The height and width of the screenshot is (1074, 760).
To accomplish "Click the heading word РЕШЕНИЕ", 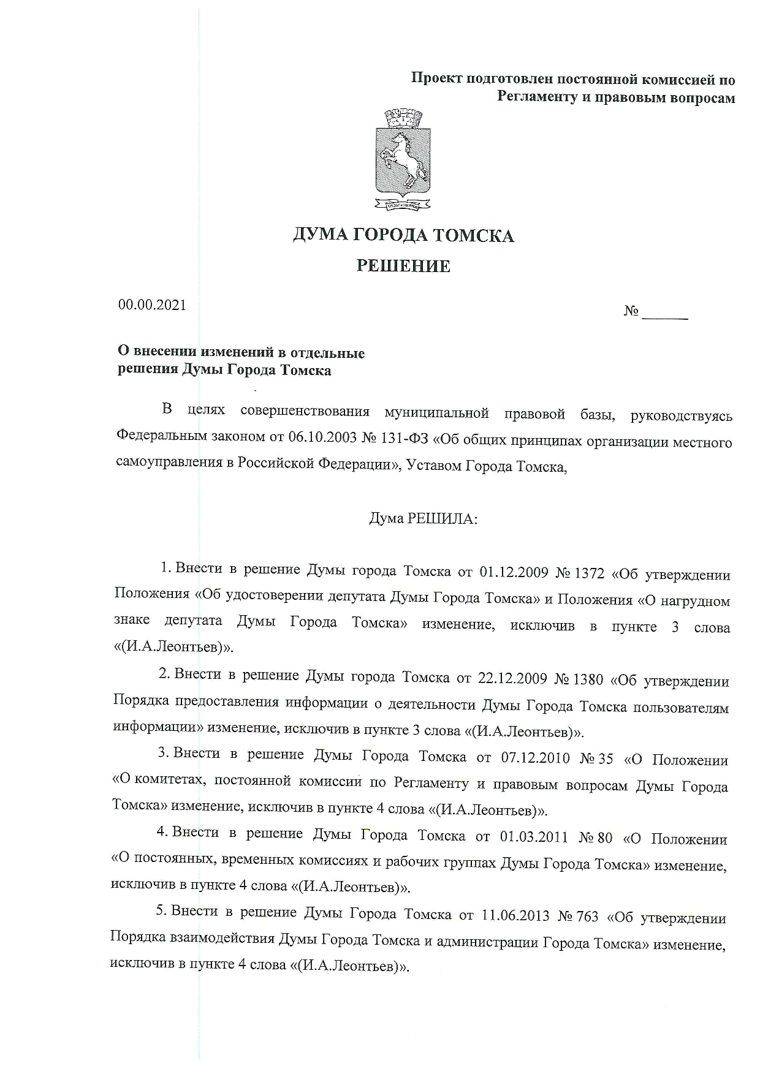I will [403, 266].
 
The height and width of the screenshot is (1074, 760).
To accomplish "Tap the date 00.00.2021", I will [152, 304].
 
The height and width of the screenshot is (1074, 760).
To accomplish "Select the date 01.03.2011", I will [534, 837].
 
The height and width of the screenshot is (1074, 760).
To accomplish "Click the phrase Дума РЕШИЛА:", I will [422, 518].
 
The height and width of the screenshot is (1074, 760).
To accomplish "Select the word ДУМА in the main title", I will [320, 235].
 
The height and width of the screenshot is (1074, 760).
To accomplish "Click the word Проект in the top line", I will [436, 79].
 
